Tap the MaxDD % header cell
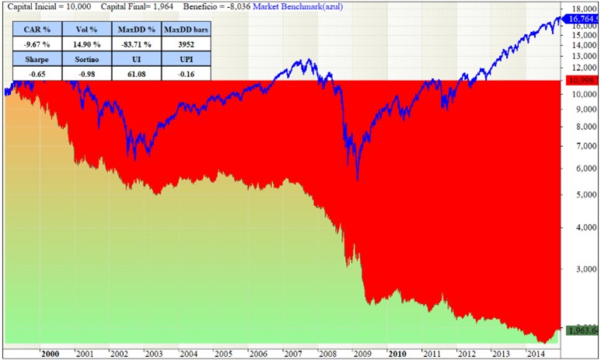135,29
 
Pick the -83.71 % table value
135,44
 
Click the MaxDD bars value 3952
187,44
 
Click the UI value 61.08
135,74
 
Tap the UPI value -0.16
187,74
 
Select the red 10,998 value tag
582,82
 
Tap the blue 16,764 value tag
582,19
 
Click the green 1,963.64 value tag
582,330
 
